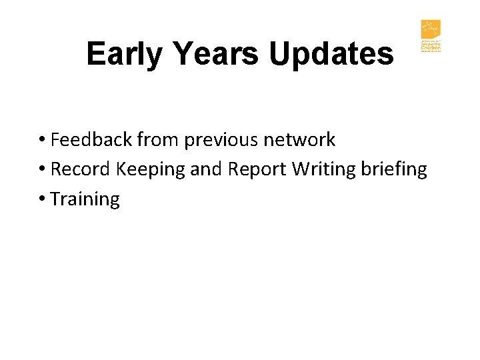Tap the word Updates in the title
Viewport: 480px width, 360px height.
coord(331,54)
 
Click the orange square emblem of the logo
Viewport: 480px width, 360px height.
coord(431,30)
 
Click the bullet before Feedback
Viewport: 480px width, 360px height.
coord(42,141)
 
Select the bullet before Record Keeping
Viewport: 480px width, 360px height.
coord(42,170)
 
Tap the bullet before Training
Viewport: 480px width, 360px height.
coord(42,199)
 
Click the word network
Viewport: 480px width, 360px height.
coord(299,140)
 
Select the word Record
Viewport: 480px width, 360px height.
coord(81,169)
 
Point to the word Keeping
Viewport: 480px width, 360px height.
coord(151,169)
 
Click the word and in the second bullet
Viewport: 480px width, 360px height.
coord(207,169)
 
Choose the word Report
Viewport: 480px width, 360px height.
coord(257,169)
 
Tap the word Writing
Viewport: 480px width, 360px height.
coord(323,169)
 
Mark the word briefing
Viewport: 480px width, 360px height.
coord(393,169)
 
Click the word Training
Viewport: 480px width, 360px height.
coord(85,199)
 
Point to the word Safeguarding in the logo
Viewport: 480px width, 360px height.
coord(431,43)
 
